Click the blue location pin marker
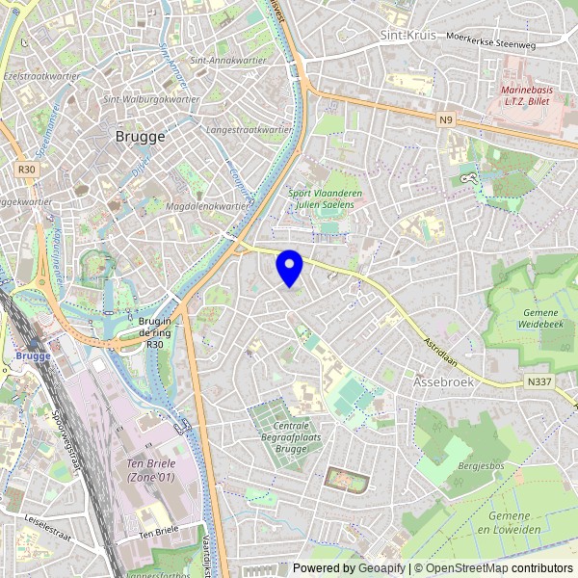tap(289, 267)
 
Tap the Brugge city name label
tap(140, 137)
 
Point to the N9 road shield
tap(444, 120)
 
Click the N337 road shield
tap(541, 382)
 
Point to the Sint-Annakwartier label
tap(227, 60)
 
